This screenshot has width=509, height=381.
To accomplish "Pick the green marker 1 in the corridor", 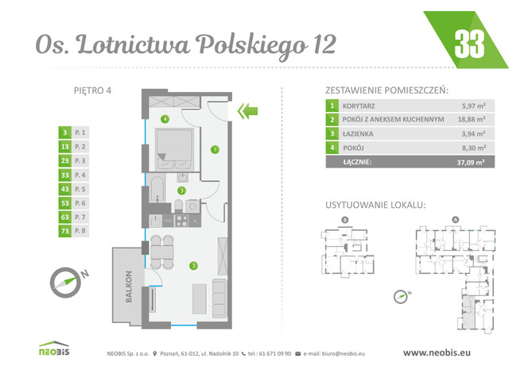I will click(214, 148).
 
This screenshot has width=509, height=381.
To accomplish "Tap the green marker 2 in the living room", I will click(192, 265).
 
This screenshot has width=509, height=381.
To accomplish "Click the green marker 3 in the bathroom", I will click(181, 190).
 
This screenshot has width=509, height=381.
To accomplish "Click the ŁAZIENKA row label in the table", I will click(358, 133).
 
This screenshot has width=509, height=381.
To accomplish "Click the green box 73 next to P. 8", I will click(64, 231).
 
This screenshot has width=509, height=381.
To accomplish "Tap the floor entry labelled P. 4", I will click(79, 175).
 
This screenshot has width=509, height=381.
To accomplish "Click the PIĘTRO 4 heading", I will click(87, 90).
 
